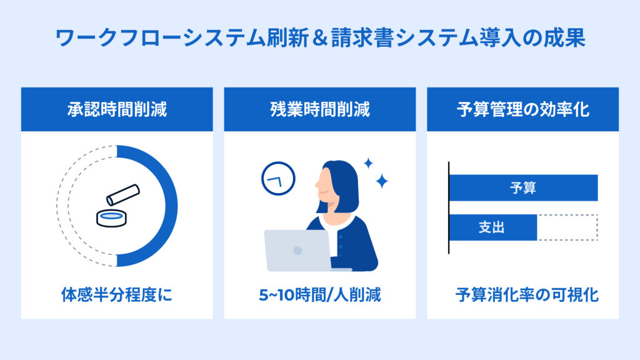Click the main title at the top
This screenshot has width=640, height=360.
(x=320, y=37)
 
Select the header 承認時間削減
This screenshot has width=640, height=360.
(x=117, y=109)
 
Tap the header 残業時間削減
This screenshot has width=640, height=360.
(x=320, y=109)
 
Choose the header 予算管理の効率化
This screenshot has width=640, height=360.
(x=523, y=109)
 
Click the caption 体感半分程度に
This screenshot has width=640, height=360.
(x=117, y=295)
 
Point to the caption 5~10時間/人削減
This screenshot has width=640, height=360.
(x=320, y=295)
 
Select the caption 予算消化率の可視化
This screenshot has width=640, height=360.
(x=527, y=295)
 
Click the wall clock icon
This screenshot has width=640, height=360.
(x=278, y=179)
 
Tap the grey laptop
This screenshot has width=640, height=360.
(x=298, y=251)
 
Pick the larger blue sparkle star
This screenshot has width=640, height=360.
(x=382, y=181)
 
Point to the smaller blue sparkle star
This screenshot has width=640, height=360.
(x=368, y=163)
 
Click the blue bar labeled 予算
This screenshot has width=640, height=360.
(x=523, y=187)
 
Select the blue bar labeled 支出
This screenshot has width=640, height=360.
(x=493, y=227)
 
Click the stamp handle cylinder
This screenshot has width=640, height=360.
(x=123, y=195)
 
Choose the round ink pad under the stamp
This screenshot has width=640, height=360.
(x=111, y=218)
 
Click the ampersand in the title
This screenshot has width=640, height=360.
(x=319, y=38)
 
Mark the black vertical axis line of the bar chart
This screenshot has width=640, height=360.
(x=449, y=207)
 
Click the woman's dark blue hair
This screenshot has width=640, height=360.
(x=343, y=184)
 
